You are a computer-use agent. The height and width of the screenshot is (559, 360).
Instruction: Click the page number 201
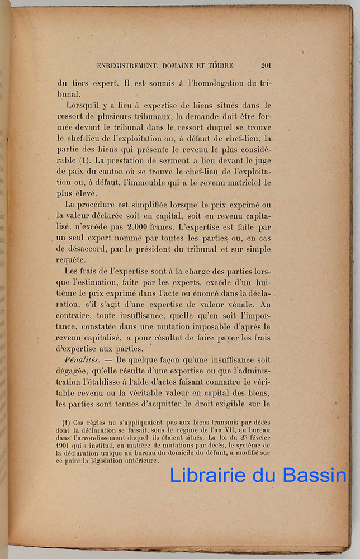point(266,65)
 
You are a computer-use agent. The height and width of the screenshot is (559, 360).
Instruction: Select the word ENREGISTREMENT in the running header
point(129,65)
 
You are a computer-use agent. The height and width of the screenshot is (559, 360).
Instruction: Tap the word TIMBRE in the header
point(219,65)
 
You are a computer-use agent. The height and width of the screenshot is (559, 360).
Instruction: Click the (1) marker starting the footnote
point(66,423)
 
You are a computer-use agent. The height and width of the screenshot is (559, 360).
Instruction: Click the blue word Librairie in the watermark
point(206,476)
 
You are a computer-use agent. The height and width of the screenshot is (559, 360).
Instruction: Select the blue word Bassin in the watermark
point(315,476)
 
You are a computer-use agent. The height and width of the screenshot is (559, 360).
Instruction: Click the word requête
point(70,260)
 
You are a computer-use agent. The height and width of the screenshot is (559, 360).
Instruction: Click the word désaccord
point(91,249)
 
